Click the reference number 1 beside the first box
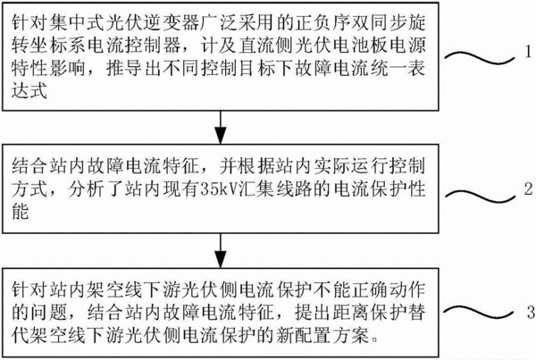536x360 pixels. coord(529,52)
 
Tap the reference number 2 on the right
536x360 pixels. coord(529,189)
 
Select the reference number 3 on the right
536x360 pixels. coord(531,312)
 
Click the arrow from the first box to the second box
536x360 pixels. coord(221,127)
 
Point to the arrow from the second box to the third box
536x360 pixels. coord(221,251)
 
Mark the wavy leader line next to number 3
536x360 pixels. coord(479,312)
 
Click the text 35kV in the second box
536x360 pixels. coord(219,189)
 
